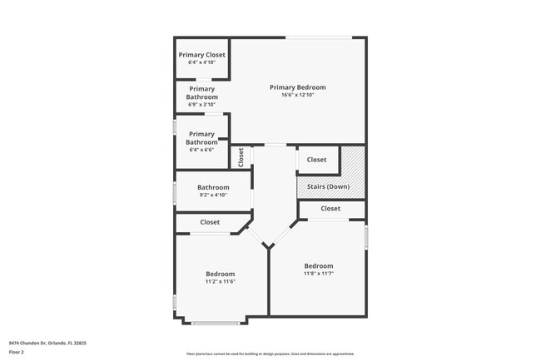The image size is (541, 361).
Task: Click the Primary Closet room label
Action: tap(201, 55)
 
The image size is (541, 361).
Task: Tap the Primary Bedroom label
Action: tap(297, 87)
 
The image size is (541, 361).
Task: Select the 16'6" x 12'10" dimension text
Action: tap(297, 96)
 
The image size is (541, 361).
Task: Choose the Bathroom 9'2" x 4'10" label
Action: tap(213, 188)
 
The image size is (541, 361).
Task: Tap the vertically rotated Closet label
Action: tap(241, 156)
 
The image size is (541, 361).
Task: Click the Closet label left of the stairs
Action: tap(316, 160)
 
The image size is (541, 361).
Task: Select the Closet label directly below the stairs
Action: tap(330, 209)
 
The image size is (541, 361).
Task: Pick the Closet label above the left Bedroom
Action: tap(210, 222)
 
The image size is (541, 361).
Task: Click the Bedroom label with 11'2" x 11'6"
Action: tap(221, 274)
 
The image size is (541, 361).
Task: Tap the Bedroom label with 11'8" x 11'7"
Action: tap(318, 266)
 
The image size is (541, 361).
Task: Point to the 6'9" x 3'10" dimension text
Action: tap(201, 105)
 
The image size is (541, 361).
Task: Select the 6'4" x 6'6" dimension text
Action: tap(201, 151)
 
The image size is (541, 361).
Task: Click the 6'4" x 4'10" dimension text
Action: tap(201, 62)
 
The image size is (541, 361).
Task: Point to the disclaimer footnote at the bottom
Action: tap(270, 354)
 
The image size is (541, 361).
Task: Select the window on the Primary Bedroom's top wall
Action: tap(318, 37)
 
